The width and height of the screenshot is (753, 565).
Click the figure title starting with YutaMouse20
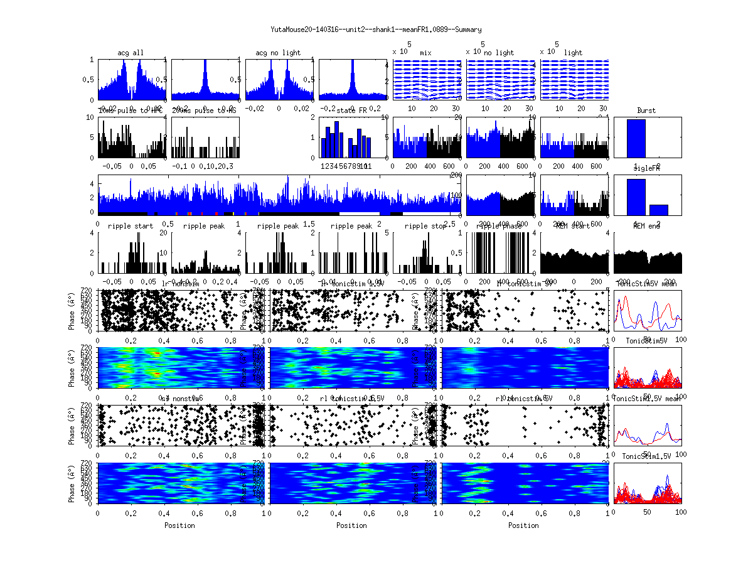click(x=376, y=30)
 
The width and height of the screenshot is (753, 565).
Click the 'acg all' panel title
click(x=131, y=53)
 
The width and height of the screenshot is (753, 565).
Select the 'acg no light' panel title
click(x=278, y=53)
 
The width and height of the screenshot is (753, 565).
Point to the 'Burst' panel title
click(x=646, y=110)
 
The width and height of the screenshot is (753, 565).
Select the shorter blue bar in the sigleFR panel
click(x=658, y=210)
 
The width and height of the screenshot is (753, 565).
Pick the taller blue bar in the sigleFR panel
click(x=636, y=197)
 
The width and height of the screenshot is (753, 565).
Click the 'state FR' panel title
click(x=352, y=110)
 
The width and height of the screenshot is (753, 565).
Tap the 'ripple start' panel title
click(x=131, y=226)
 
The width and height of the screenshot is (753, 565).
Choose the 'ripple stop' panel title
click(x=425, y=226)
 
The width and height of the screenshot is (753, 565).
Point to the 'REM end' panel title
click(x=646, y=226)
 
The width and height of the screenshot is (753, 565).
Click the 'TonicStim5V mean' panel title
click(x=646, y=283)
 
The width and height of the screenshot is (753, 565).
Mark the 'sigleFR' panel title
click(x=646, y=169)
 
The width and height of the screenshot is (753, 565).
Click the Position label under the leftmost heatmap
click(x=179, y=525)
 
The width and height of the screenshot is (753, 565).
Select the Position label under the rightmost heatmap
click(x=524, y=525)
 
